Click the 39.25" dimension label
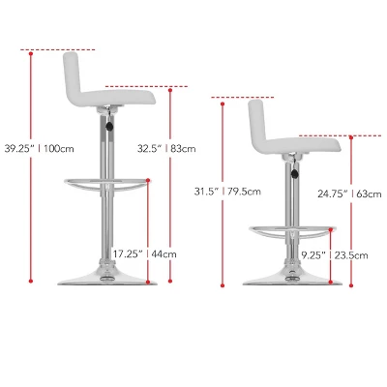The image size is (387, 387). point(19,149)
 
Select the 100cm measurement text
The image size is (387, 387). point(59,149)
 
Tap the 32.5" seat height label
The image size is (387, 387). point(149,148)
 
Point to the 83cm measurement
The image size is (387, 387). point(183,149)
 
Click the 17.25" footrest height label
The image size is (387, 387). point(128,254)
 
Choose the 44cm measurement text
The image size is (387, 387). point(164,254)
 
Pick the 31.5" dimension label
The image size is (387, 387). point(205,192)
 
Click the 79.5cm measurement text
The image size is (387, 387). point(244,192)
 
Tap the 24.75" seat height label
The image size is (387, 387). point(333,193)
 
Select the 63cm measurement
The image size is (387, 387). point(370,193)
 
